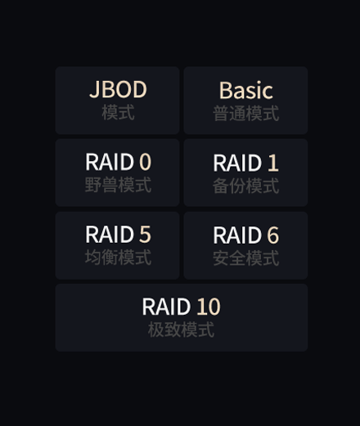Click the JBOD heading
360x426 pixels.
click(x=118, y=89)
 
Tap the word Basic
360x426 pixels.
click(x=246, y=91)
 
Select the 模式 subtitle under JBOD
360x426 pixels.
click(x=118, y=112)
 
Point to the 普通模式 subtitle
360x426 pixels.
click(x=246, y=114)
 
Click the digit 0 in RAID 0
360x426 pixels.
click(x=145, y=162)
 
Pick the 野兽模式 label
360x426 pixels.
click(x=118, y=185)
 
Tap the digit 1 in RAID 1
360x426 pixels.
click(x=273, y=163)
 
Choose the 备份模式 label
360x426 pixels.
click(x=246, y=186)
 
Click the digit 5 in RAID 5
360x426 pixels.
click(x=145, y=234)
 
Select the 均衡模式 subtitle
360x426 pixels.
click(x=118, y=258)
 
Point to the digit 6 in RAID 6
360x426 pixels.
click(x=273, y=235)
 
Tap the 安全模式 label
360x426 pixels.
click(x=246, y=258)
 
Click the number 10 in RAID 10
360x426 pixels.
click(x=209, y=307)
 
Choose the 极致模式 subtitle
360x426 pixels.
click(x=181, y=330)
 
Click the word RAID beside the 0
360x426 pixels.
click(x=110, y=162)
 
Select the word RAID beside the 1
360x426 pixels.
click(x=237, y=163)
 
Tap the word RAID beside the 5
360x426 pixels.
click(x=110, y=234)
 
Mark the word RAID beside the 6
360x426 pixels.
click(x=237, y=235)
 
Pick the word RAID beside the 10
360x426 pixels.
click(x=166, y=307)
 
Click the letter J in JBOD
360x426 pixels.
click(x=94, y=90)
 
